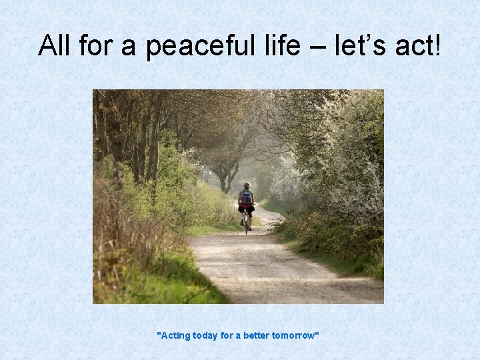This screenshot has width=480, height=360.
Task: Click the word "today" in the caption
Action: tap(205, 335)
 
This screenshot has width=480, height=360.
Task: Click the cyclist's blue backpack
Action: tap(247, 197)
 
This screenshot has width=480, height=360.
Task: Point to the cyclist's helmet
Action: tap(247, 185)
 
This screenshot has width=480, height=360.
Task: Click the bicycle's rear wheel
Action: tap(247, 225)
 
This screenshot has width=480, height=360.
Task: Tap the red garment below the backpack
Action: tap(246, 206)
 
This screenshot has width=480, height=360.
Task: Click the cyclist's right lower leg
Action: tap(251, 219)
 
